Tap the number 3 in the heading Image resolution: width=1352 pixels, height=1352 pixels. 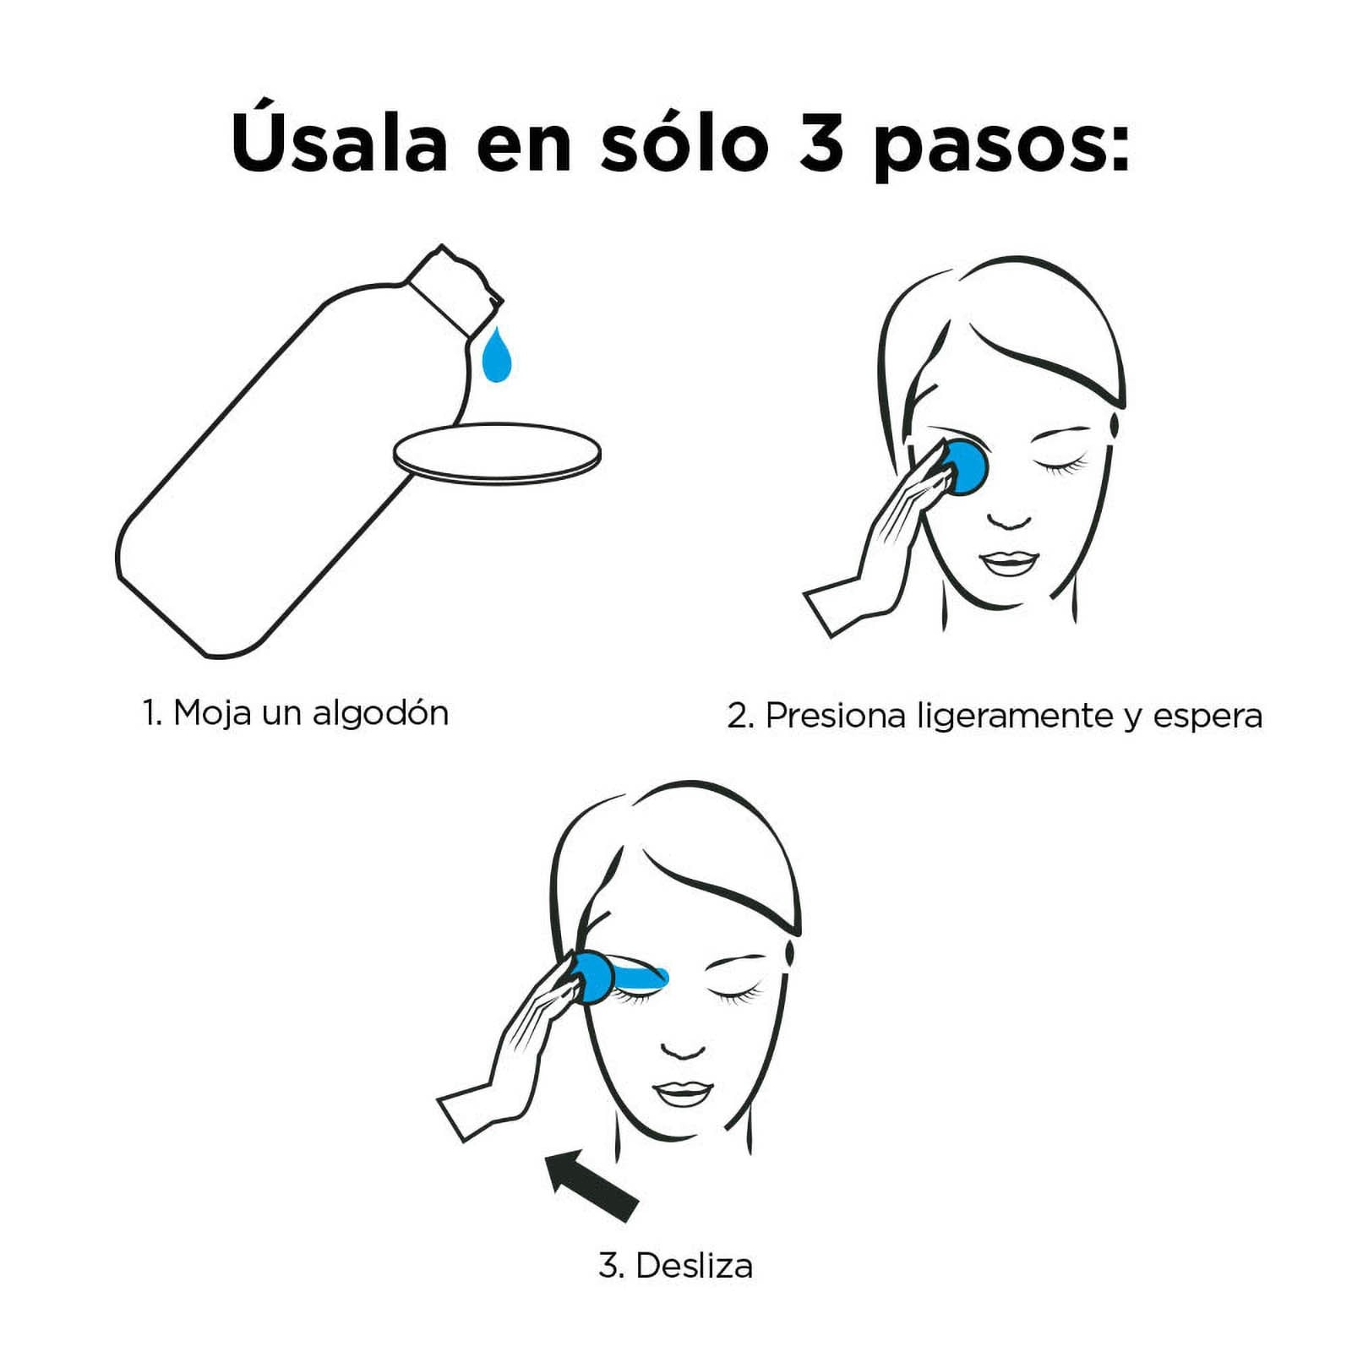point(821,142)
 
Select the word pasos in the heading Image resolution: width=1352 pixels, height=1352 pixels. point(1001,148)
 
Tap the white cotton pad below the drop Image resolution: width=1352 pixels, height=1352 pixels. point(497,454)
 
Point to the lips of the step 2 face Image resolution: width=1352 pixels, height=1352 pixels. point(1009,564)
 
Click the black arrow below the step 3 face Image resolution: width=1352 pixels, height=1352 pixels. point(591,1184)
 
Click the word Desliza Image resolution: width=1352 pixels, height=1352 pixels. point(694,1266)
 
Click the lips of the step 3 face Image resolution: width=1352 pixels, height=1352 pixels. point(684,1094)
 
